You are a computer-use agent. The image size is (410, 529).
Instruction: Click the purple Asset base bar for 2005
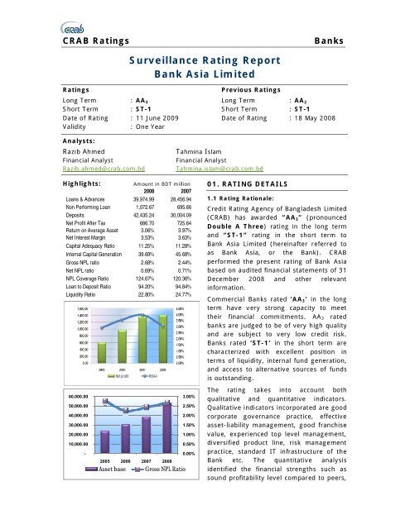point(80,443)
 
